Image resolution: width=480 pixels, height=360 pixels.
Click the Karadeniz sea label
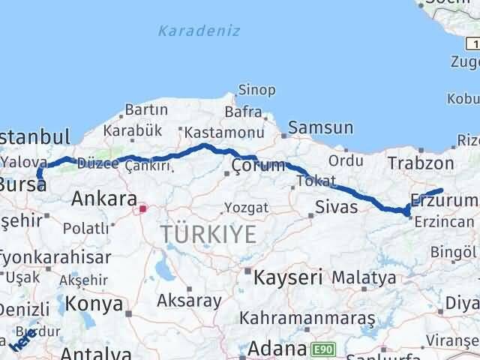[188, 31]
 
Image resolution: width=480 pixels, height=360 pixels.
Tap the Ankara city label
[103, 199]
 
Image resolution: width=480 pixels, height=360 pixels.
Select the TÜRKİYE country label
[207, 235]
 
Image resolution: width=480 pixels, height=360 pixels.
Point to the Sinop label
[257, 91]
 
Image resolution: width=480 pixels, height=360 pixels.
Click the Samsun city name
[320, 128]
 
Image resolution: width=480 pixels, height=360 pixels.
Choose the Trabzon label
[421, 163]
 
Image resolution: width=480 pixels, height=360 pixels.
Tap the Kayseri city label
[287, 277]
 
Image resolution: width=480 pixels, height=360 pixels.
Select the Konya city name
[94, 304]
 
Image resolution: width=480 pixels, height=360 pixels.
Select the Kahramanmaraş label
[307, 318]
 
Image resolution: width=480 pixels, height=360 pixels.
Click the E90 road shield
[322, 349]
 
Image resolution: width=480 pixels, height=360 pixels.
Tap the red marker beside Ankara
[143, 211]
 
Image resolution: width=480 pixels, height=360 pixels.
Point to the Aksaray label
[189, 301]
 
